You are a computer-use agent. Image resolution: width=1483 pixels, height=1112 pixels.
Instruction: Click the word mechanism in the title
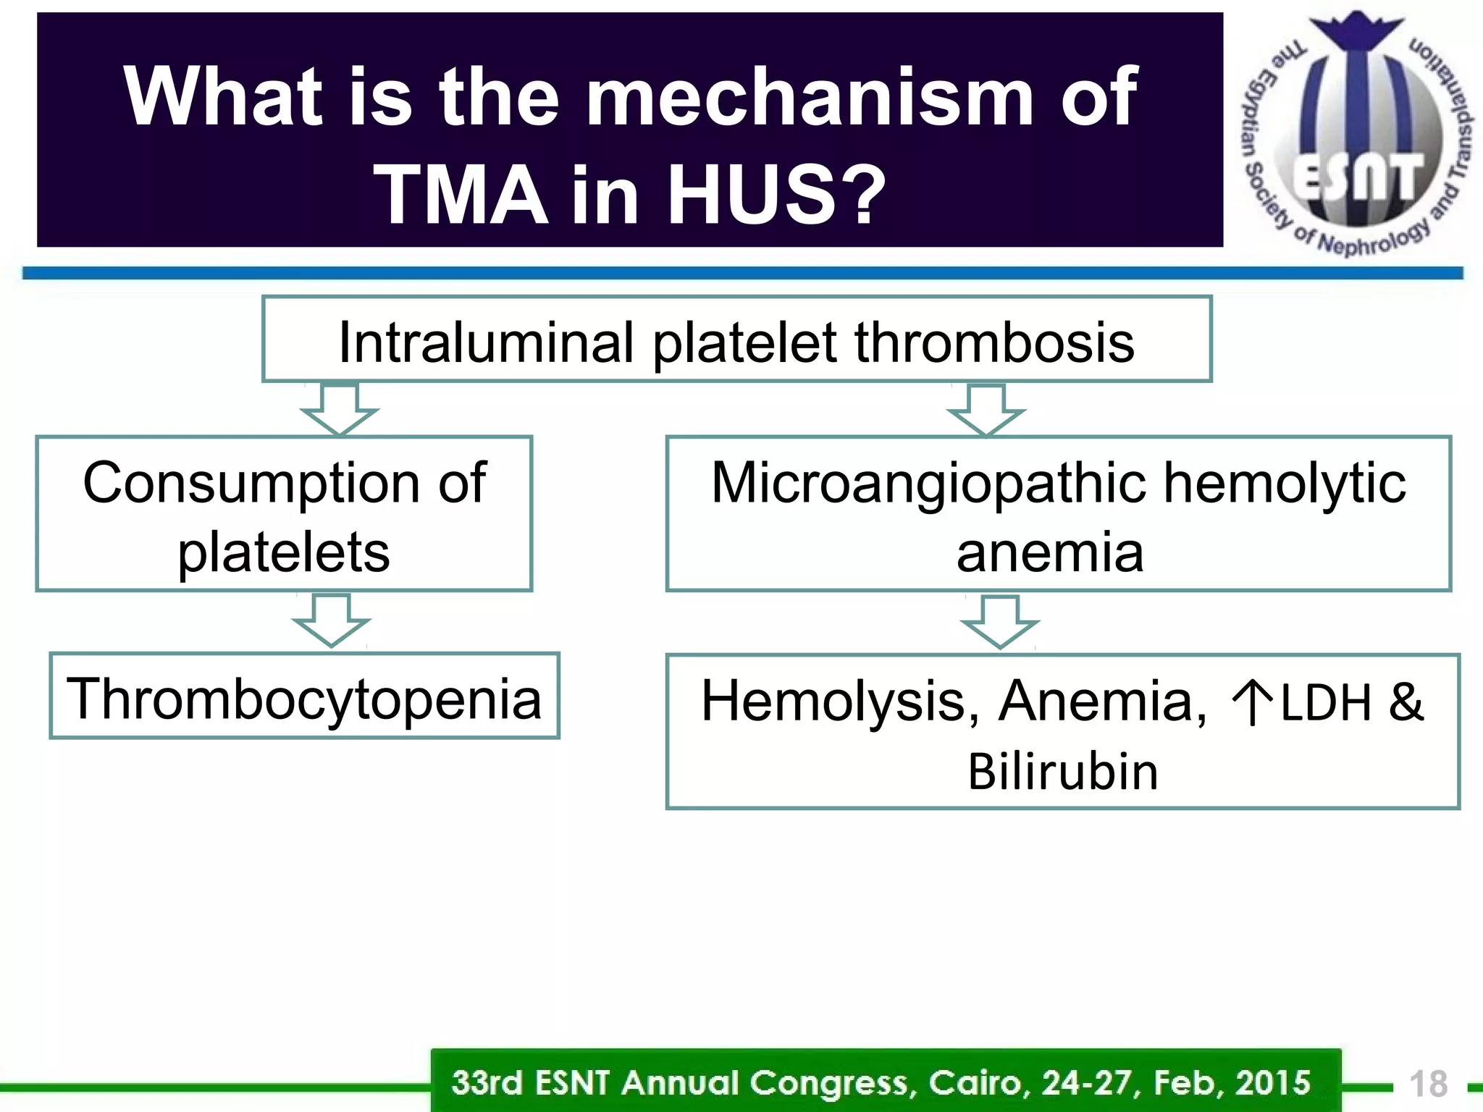tap(810, 97)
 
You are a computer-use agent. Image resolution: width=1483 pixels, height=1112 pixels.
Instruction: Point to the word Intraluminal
tap(485, 342)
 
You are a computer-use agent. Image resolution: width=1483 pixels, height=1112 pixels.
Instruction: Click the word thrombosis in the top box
tap(993, 342)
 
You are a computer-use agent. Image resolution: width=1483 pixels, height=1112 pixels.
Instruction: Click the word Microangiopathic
tap(928, 483)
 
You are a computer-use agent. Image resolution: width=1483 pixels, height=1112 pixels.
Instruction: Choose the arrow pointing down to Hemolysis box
tap(1000, 622)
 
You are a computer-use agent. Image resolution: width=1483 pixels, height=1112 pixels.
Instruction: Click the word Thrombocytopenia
tap(304, 699)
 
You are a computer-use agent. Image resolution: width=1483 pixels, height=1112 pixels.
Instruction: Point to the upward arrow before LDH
tap(1251, 702)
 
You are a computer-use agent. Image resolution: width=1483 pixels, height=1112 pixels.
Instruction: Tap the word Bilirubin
tap(1062, 772)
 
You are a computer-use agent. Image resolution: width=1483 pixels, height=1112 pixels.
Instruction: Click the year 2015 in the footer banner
tap(1272, 1083)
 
